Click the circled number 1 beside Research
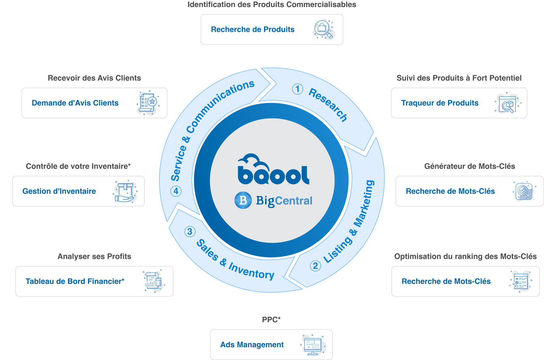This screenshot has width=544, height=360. (x=298, y=89)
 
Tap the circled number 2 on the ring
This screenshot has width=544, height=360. (x=315, y=266)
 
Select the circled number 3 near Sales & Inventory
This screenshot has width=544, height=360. (x=190, y=231)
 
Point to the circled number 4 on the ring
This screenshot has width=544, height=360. (x=176, y=191)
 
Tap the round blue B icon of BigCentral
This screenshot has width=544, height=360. (x=243, y=200)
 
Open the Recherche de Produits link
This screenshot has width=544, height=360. (x=252, y=29)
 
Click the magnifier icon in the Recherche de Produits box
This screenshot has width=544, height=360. (x=324, y=30)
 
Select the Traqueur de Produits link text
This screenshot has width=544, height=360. (x=440, y=103)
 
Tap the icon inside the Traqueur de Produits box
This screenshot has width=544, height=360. (x=508, y=103)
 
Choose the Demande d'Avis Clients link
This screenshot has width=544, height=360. (x=75, y=103)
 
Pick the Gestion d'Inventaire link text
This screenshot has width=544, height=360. (x=59, y=191)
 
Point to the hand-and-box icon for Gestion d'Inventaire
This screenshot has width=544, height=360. (x=125, y=192)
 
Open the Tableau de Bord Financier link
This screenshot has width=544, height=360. (x=75, y=281)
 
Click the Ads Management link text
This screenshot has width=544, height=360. (x=252, y=345)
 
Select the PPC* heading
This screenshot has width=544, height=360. (x=271, y=319)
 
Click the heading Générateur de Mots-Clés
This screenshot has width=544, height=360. (x=469, y=166)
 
